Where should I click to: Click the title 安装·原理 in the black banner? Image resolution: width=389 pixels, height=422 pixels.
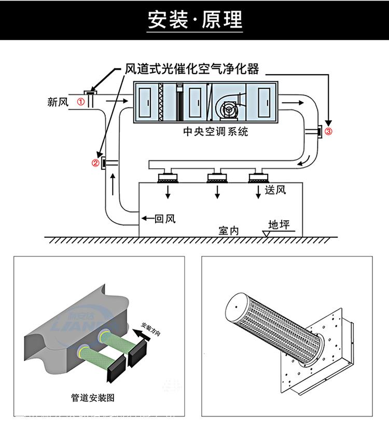point(195,20)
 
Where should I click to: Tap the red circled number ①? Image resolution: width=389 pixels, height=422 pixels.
point(81,102)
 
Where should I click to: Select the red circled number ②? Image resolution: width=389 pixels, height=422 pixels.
point(95,163)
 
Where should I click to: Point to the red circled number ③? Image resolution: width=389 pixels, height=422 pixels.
point(328,131)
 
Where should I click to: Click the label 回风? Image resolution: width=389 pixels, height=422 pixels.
point(165,218)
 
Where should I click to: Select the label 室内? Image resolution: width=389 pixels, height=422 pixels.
point(228,230)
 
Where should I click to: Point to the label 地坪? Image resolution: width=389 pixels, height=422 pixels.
point(279,225)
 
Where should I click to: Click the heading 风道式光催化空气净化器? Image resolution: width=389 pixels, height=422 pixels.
point(192,69)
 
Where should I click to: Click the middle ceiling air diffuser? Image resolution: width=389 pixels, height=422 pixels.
point(217,176)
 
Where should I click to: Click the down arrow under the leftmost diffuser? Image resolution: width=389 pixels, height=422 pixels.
point(168,193)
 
